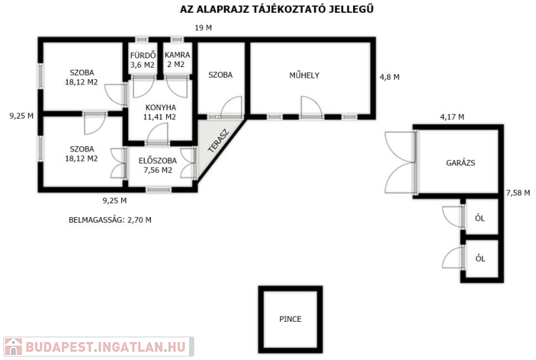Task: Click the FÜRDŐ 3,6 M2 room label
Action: point(143,60)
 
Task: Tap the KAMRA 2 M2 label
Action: point(177,60)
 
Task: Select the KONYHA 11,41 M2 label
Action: point(160,112)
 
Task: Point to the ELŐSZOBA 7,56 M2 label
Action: point(157,166)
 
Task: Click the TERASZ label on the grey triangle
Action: point(218,141)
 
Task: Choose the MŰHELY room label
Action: point(304,75)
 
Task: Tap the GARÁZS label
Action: point(460,163)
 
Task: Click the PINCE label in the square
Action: point(290,319)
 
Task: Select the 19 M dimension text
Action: point(204,28)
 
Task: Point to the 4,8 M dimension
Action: point(390,77)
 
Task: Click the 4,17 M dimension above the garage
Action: point(452,117)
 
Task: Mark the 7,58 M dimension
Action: point(518,193)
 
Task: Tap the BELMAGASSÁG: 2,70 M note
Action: point(110,220)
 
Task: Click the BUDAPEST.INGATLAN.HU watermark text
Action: point(106,347)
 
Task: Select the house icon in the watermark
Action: point(13,347)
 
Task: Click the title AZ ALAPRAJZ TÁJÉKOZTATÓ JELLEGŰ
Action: point(277,9)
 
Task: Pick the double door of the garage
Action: point(400,162)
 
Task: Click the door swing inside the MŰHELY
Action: point(311,107)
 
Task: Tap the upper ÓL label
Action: point(480,218)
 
